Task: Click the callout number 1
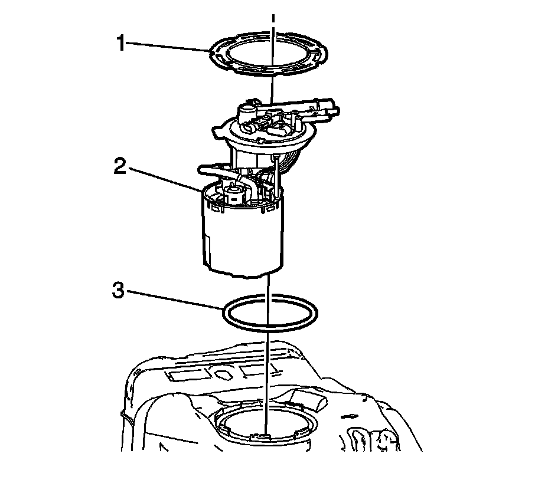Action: [x=121, y=43]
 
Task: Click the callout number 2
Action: [x=119, y=166]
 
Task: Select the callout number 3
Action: [x=118, y=290]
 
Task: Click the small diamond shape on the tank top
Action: [x=223, y=374]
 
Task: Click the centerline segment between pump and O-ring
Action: [x=268, y=285]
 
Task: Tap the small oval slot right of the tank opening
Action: [x=351, y=416]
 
